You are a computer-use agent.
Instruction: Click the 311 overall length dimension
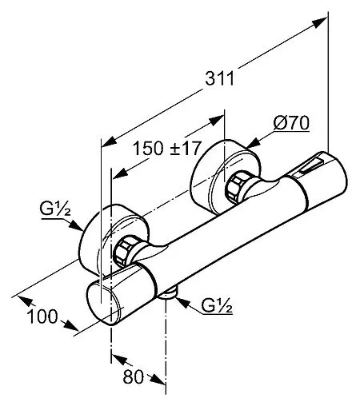coord(219,78)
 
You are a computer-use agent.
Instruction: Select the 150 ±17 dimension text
coord(166,149)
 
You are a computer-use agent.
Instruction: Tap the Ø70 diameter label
coord(291,123)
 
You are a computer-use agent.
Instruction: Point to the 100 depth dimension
coord(42,316)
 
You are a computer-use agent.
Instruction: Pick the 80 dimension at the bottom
coord(134,376)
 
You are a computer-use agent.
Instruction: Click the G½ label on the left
coord(55,209)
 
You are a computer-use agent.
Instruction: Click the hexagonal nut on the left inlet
coord(123,251)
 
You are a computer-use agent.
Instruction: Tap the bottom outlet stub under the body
coord(168,294)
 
